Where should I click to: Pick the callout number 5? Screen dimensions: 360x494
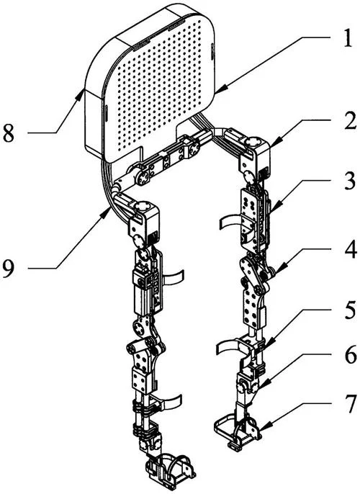(350, 310)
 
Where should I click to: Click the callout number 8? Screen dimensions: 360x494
(9, 133)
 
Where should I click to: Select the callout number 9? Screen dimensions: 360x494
(9, 269)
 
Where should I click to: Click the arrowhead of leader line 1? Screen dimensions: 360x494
(218, 91)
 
